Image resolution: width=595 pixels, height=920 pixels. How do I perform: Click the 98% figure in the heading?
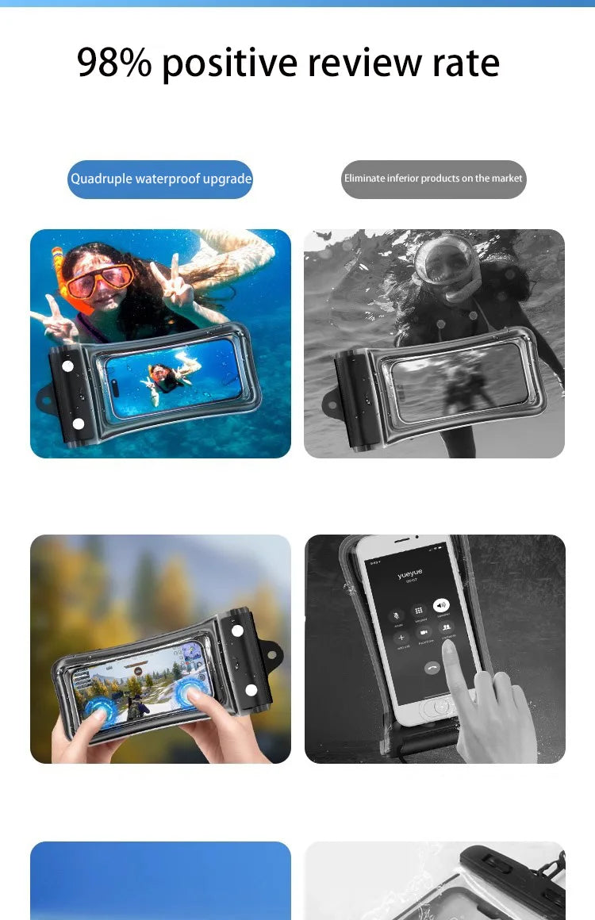pyautogui.click(x=113, y=63)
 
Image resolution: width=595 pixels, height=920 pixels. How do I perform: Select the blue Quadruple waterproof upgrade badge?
pyautogui.click(x=160, y=179)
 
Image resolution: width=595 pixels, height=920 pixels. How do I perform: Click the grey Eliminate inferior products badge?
pyautogui.click(x=433, y=179)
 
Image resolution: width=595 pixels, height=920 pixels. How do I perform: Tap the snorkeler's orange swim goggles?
pyautogui.click(x=99, y=278)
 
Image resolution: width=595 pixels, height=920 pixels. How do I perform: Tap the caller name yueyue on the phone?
pyautogui.click(x=410, y=572)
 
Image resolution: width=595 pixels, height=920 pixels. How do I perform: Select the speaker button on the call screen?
pyautogui.click(x=443, y=605)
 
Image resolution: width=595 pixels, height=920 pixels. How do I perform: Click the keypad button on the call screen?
pyautogui.click(x=419, y=611)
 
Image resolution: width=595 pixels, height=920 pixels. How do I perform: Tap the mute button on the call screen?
pyautogui.click(x=396, y=615)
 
